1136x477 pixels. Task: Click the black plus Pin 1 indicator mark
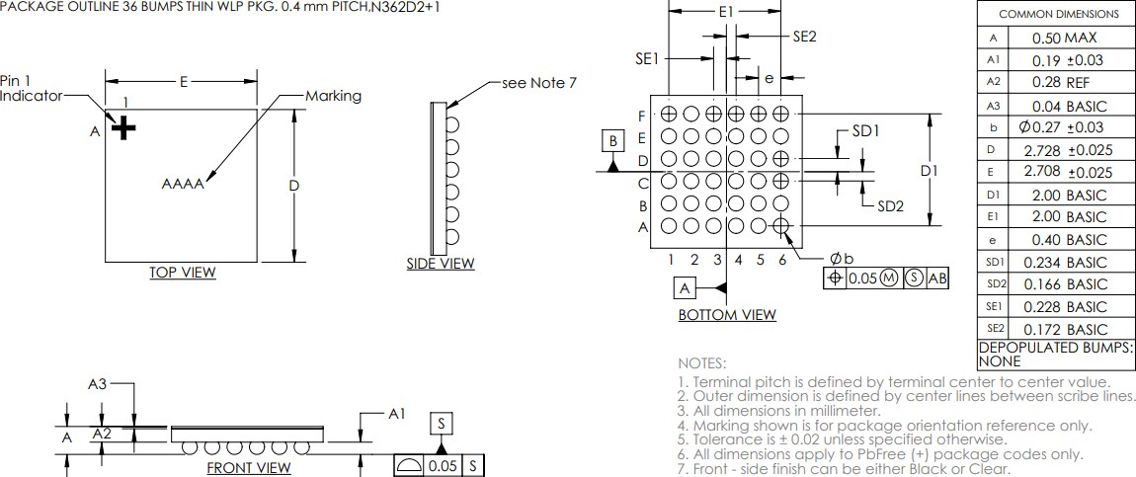coord(122,128)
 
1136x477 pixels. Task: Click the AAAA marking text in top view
coord(183,184)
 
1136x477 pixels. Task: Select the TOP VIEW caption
coord(182,273)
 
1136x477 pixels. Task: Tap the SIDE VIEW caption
coord(441,264)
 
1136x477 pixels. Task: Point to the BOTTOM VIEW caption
coord(726,315)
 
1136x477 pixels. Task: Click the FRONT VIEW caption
coord(248,468)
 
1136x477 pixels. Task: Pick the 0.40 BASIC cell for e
coord(1069,240)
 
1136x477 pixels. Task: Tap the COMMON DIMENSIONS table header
coord(1058,14)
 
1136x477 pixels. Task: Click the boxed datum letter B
coord(613,141)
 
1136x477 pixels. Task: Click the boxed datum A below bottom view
coord(685,288)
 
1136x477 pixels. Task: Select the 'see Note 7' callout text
coord(539,83)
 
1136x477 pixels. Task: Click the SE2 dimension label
coord(804,37)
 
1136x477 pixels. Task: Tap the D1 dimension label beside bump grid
coord(929,171)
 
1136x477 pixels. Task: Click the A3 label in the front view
coord(97,385)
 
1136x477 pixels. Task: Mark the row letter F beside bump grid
coord(642,116)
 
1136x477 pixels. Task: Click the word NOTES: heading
coord(701,363)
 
